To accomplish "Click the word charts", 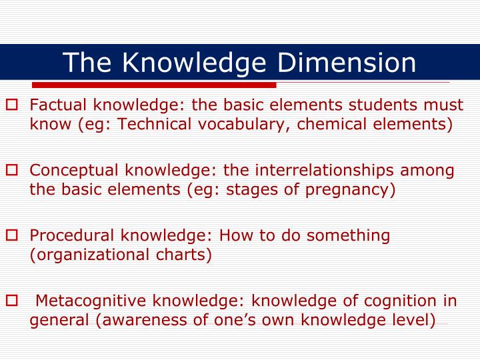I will pos(187,254).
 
